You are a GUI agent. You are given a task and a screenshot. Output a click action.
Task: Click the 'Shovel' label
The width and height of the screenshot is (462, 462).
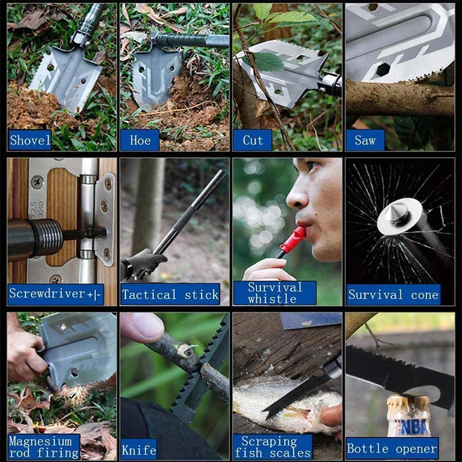click(29, 140)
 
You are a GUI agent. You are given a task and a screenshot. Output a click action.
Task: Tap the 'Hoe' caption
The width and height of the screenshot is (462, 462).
click(140, 140)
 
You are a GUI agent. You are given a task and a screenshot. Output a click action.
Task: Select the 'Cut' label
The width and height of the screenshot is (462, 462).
click(252, 140)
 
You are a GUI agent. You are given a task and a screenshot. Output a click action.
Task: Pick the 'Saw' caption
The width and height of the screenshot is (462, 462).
click(364, 140)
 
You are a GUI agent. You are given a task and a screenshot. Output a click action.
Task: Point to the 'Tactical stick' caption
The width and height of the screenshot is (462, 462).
click(170, 295)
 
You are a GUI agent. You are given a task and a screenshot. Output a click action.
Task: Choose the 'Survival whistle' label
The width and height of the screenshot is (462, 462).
click(275, 293)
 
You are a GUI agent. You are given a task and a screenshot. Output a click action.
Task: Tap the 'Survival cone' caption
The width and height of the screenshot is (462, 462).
click(393, 295)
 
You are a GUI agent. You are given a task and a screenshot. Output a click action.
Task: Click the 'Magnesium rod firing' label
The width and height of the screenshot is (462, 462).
click(44, 446)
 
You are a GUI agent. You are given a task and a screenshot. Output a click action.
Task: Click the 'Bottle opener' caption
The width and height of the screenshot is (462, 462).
click(392, 448)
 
